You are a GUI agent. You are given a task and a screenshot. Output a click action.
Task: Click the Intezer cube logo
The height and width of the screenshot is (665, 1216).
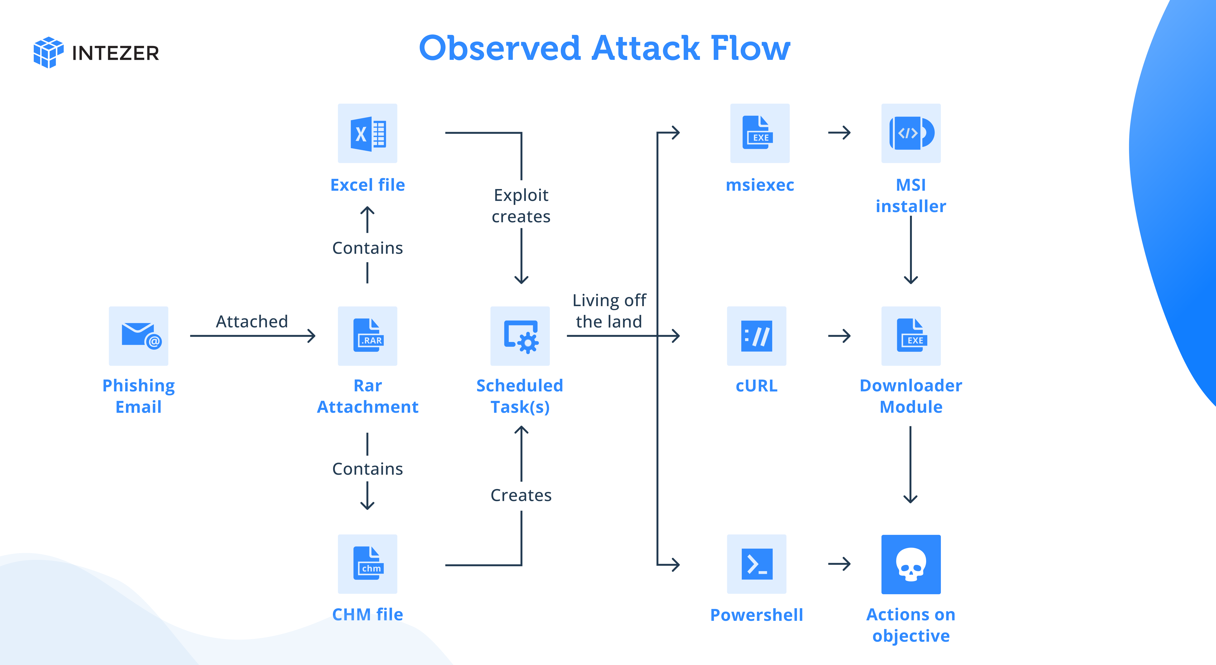tap(48, 52)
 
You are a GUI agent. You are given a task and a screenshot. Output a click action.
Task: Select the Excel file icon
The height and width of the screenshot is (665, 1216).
tap(367, 133)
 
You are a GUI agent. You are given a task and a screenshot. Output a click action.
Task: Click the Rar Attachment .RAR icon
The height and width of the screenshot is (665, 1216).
tap(367, 336)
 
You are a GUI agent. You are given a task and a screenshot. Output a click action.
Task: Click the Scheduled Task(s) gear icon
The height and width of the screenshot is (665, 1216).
tap(520, 336)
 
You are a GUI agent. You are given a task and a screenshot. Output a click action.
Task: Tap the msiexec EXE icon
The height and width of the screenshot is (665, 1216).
tap(760, 133)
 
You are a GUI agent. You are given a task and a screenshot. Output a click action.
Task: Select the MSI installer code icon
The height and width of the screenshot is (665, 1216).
tap(911, 133)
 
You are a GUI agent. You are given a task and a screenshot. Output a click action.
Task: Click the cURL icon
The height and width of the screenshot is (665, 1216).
tap(756, 336)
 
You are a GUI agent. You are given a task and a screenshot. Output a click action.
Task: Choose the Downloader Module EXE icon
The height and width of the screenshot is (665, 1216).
tap(911, 336)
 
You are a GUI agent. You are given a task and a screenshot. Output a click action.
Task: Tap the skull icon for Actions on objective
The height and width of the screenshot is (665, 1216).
tap(911, 564)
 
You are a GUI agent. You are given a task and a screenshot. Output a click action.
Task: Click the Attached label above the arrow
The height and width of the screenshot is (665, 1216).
tap(252, 321)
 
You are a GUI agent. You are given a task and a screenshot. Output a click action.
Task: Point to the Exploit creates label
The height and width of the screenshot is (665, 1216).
tap(521, 206)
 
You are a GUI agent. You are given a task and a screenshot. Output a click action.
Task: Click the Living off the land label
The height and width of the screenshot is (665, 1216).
tap(609, 311)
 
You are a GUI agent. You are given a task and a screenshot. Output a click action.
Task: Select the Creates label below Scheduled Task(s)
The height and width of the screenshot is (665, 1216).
tap(521, 495)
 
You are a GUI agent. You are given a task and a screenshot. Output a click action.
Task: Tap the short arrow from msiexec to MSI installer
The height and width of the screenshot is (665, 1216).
tap(839, 133)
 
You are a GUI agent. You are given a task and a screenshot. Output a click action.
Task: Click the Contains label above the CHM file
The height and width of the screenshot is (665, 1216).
tap(367, 469)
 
